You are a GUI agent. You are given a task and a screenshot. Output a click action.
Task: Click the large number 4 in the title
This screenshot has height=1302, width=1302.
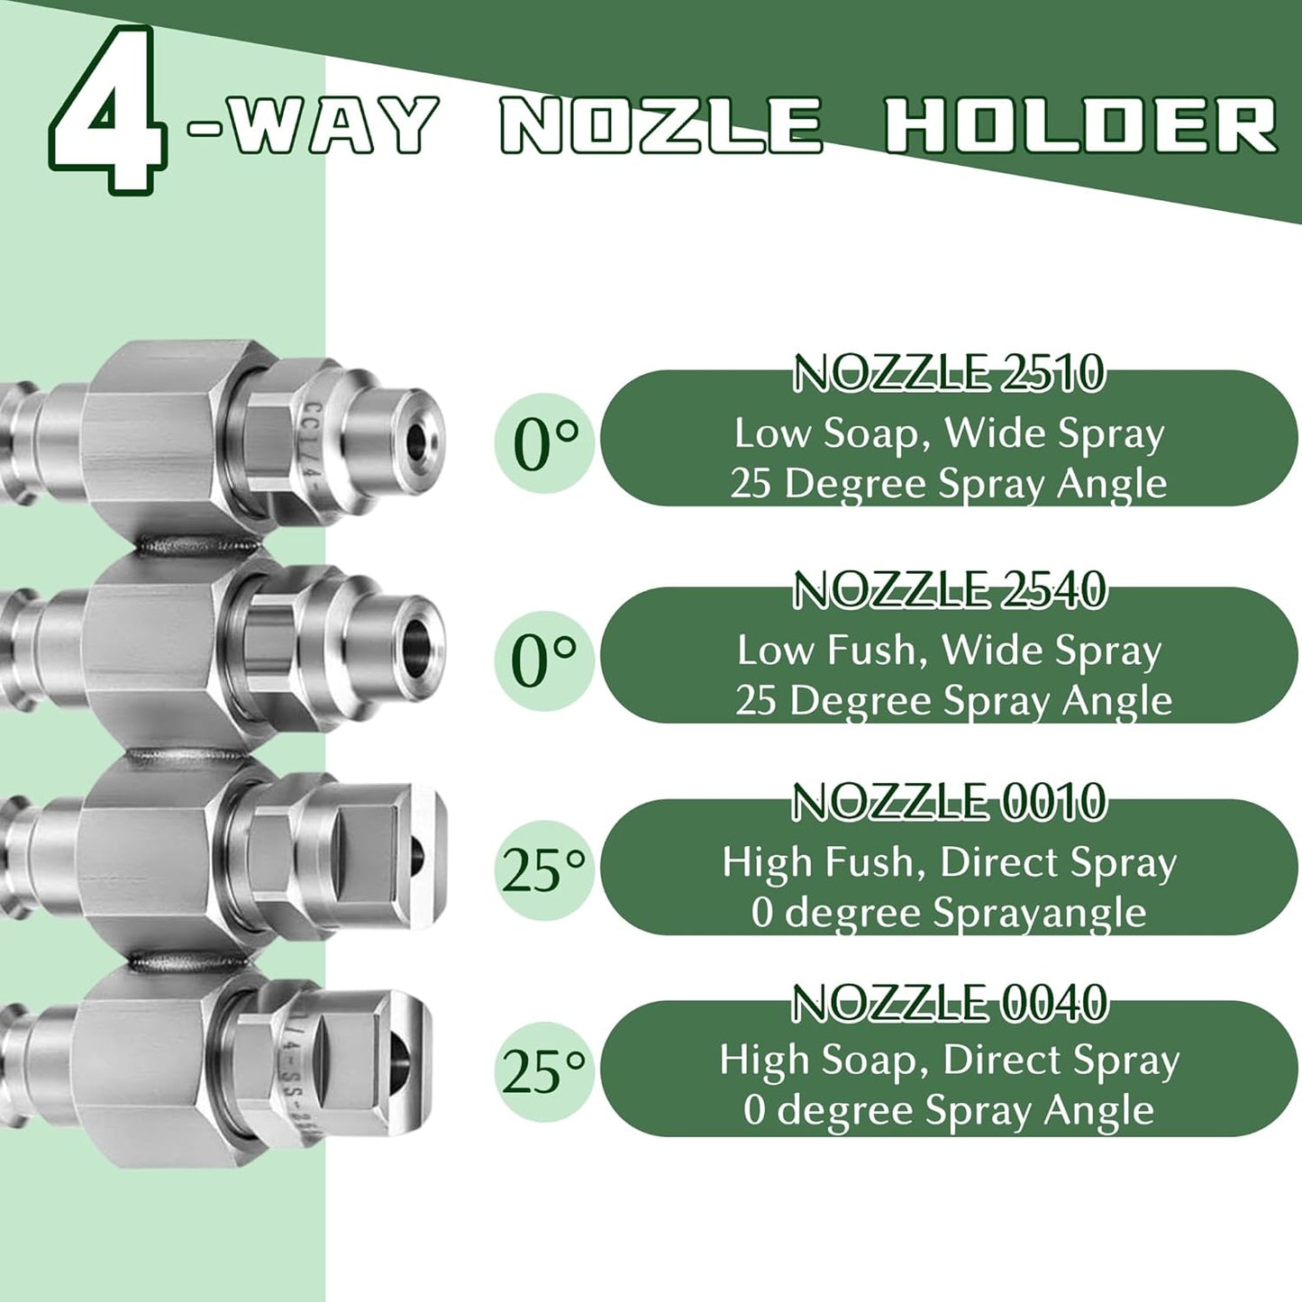tap(108, 112)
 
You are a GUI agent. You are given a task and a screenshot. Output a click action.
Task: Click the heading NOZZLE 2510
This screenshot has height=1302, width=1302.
tap(949, 374)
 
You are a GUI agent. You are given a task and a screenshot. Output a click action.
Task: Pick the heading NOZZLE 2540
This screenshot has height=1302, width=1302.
tap(949, 590)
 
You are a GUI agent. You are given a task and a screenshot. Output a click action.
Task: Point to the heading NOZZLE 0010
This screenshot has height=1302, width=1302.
tap(949, 802)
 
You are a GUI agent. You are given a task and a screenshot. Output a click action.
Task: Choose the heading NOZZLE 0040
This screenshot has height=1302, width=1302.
tap(949, 1004)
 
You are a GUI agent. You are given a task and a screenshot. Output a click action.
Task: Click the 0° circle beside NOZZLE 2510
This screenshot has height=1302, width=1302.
tap(544, 443)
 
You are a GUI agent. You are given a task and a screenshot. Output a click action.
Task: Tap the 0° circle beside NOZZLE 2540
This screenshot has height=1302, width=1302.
tap(544, 660)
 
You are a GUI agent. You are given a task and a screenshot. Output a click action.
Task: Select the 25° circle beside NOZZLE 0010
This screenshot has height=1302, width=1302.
tap(544, 871)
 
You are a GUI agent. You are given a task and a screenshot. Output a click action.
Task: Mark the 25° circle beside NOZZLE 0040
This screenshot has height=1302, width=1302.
tap(544, 1072)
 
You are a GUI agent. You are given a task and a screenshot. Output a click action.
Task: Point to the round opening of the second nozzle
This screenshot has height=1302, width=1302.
tap(417, 639)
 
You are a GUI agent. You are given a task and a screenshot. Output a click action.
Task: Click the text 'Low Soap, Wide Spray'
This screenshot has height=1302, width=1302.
tap(950, 433)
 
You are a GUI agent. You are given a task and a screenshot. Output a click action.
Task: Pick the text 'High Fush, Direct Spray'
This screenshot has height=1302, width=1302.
tap(950, 863)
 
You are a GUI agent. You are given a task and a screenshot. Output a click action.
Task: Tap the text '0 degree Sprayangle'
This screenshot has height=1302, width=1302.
tap(950, 913)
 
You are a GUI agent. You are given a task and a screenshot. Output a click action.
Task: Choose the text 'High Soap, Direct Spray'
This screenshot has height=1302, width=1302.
tap(950, 1061)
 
